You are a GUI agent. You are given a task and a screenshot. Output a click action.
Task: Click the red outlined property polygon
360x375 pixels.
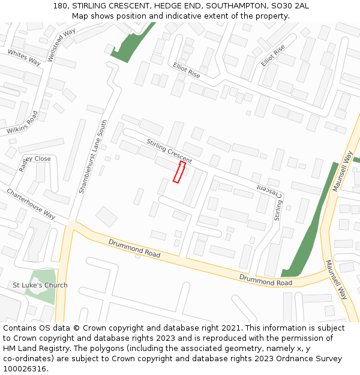tap(179, 172)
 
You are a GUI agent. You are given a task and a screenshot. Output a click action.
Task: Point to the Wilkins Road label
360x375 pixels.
tap(22, 122)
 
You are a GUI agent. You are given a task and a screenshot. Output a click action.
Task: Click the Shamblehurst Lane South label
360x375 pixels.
tap(92, 156)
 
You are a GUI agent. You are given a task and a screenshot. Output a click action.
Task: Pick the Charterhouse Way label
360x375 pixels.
tap(31, 204)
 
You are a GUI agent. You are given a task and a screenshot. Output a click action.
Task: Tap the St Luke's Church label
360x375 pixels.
tap(40, 285)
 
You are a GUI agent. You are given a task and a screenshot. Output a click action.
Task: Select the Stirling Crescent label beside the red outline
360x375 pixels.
tap(169, 151)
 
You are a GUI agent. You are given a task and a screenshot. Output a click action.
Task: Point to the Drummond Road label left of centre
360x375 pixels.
tap(134, 248)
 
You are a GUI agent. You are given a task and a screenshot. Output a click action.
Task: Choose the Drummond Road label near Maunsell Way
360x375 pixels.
tap(266, 280)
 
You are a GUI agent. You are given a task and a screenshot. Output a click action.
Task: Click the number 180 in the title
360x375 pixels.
tap(60, 5)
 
